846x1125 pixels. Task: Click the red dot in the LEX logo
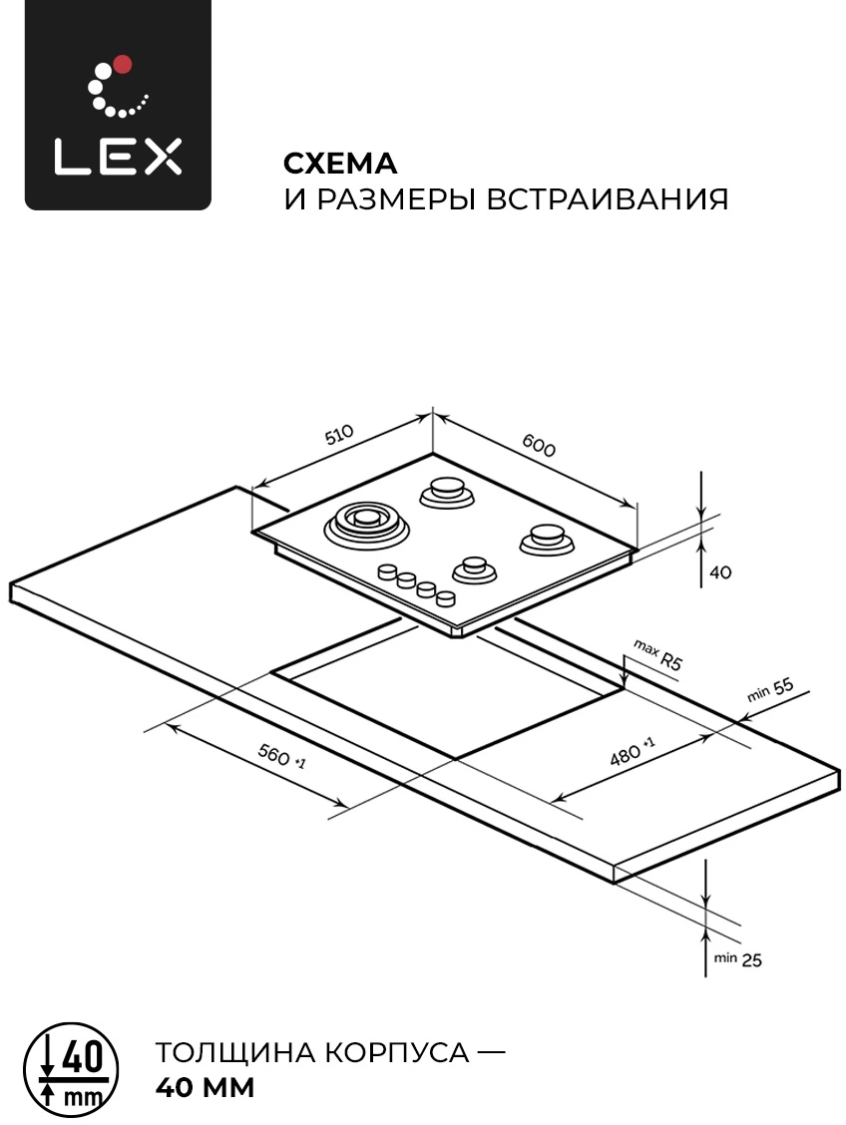coord(123,65)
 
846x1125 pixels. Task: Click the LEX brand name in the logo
coord(119,157)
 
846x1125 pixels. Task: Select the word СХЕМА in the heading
coord(340,164)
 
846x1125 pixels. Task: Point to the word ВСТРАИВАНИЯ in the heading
coord(608,198)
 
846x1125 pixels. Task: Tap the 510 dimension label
coord(339,434)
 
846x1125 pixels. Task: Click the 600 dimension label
coord(539,446)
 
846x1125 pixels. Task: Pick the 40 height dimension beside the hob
coord(719,571)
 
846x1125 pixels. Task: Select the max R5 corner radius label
coord(656,655)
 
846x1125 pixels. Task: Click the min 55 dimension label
coord(770,689)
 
